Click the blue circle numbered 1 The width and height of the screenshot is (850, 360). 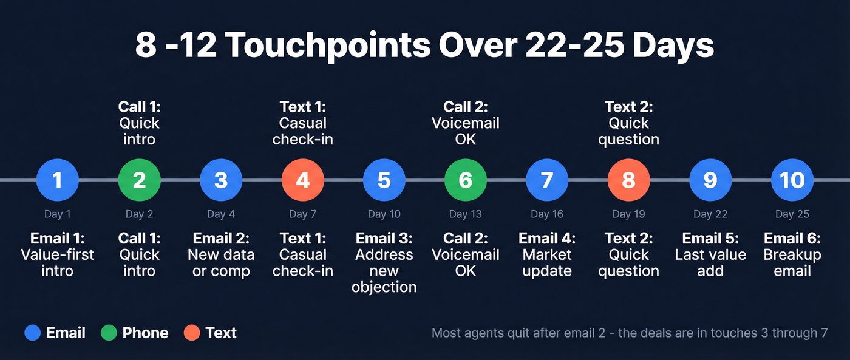pos(58,180)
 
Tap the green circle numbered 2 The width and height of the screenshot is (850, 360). pos(139,180)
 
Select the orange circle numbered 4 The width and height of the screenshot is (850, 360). pos(303,180)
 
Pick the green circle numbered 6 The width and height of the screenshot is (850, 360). pos(466,180)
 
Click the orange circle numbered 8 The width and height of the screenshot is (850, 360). pos(629,180)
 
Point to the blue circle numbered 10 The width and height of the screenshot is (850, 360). pos(792,180)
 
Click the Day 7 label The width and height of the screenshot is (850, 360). pos(303,214)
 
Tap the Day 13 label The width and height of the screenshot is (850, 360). pos(466,214)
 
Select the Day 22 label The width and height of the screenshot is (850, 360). pos(710,214)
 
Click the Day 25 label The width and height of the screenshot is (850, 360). pos(792,214)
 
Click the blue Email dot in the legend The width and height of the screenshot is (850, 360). pos(33,333)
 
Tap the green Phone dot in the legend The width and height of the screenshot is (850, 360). pos(109,333)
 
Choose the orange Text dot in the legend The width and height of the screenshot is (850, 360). pos(192,333)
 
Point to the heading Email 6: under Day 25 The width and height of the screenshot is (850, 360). pos(792,238)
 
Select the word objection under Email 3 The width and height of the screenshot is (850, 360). pos(384,287)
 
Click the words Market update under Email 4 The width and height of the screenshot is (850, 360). pos(547,262)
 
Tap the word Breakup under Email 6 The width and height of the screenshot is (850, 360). pos(792,255)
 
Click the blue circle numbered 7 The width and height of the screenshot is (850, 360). pos(547,180)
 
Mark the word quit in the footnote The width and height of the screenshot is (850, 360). pos(521,333)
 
